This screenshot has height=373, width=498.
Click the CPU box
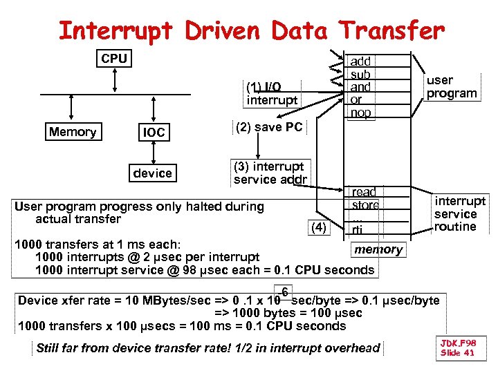114,59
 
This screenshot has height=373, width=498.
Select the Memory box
73,132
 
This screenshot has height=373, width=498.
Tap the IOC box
154,133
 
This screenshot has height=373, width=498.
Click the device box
153,173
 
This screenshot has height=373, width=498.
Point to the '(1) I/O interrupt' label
272,93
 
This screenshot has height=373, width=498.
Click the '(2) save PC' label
268,127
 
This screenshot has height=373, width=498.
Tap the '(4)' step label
318,227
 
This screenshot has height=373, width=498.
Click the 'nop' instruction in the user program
360,113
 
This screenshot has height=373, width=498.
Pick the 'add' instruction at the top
360,61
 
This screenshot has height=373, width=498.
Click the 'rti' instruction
357,230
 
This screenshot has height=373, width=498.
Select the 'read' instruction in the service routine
364,192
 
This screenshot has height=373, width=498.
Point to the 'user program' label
452,86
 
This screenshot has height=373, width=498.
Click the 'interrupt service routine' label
460,213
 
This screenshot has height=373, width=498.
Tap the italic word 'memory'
378,249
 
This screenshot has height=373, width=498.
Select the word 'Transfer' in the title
391,30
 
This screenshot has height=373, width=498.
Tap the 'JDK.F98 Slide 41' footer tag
458,347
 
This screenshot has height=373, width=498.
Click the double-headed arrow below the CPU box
114,79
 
